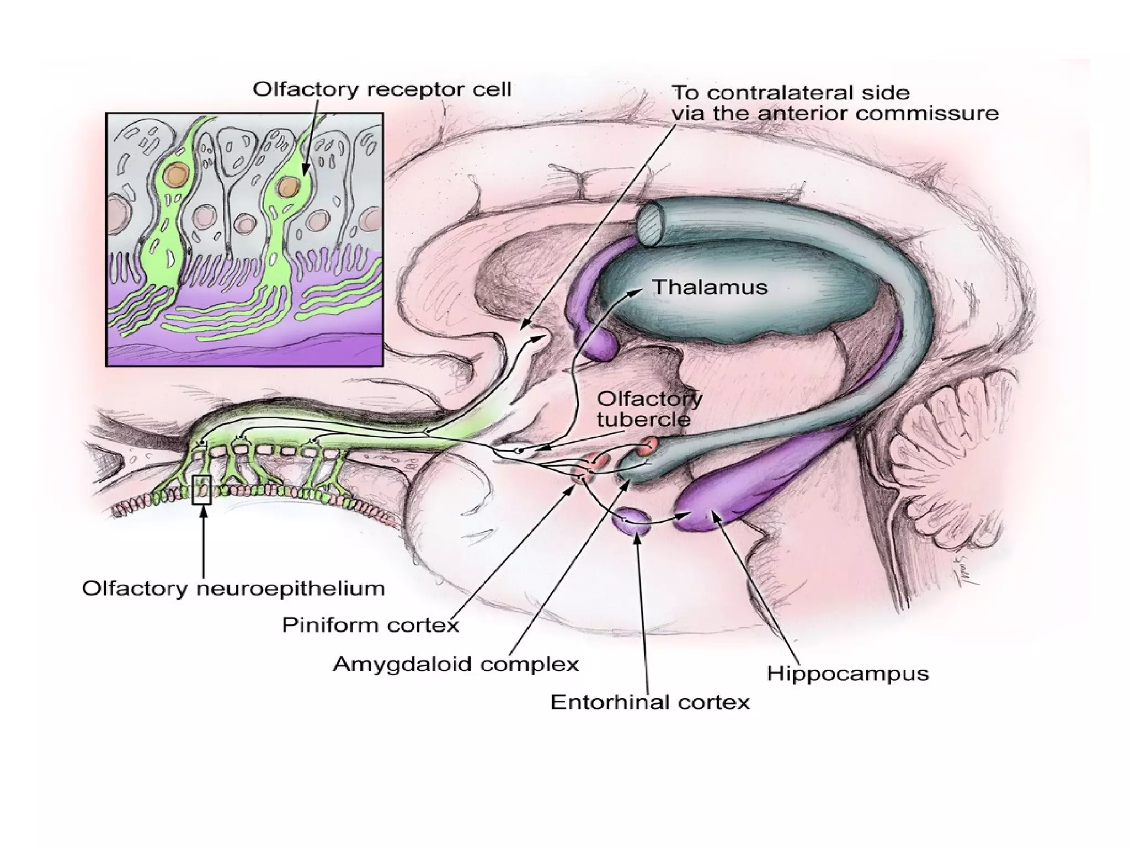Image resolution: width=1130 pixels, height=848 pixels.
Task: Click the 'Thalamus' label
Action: tap(710, 288)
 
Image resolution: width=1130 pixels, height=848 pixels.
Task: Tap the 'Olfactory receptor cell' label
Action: tap(382, 89)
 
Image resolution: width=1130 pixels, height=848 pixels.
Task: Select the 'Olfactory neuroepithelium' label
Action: tap(233, 589)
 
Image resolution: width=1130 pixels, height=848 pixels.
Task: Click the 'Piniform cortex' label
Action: tap(370, 625)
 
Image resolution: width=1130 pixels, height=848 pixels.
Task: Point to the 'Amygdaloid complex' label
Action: tap(456, 664)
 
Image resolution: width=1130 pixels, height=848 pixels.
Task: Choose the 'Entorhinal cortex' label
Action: tap(650, 702)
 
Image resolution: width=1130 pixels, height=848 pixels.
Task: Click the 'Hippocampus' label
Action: tap(847, 674)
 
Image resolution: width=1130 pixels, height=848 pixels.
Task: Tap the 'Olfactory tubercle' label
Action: tap(649, 409)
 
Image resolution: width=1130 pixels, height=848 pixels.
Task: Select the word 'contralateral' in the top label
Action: tap(767, 92)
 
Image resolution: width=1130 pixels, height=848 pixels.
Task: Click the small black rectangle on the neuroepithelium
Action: tap(201, 489)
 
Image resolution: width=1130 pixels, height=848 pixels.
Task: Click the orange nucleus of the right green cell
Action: tap(288, 187)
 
